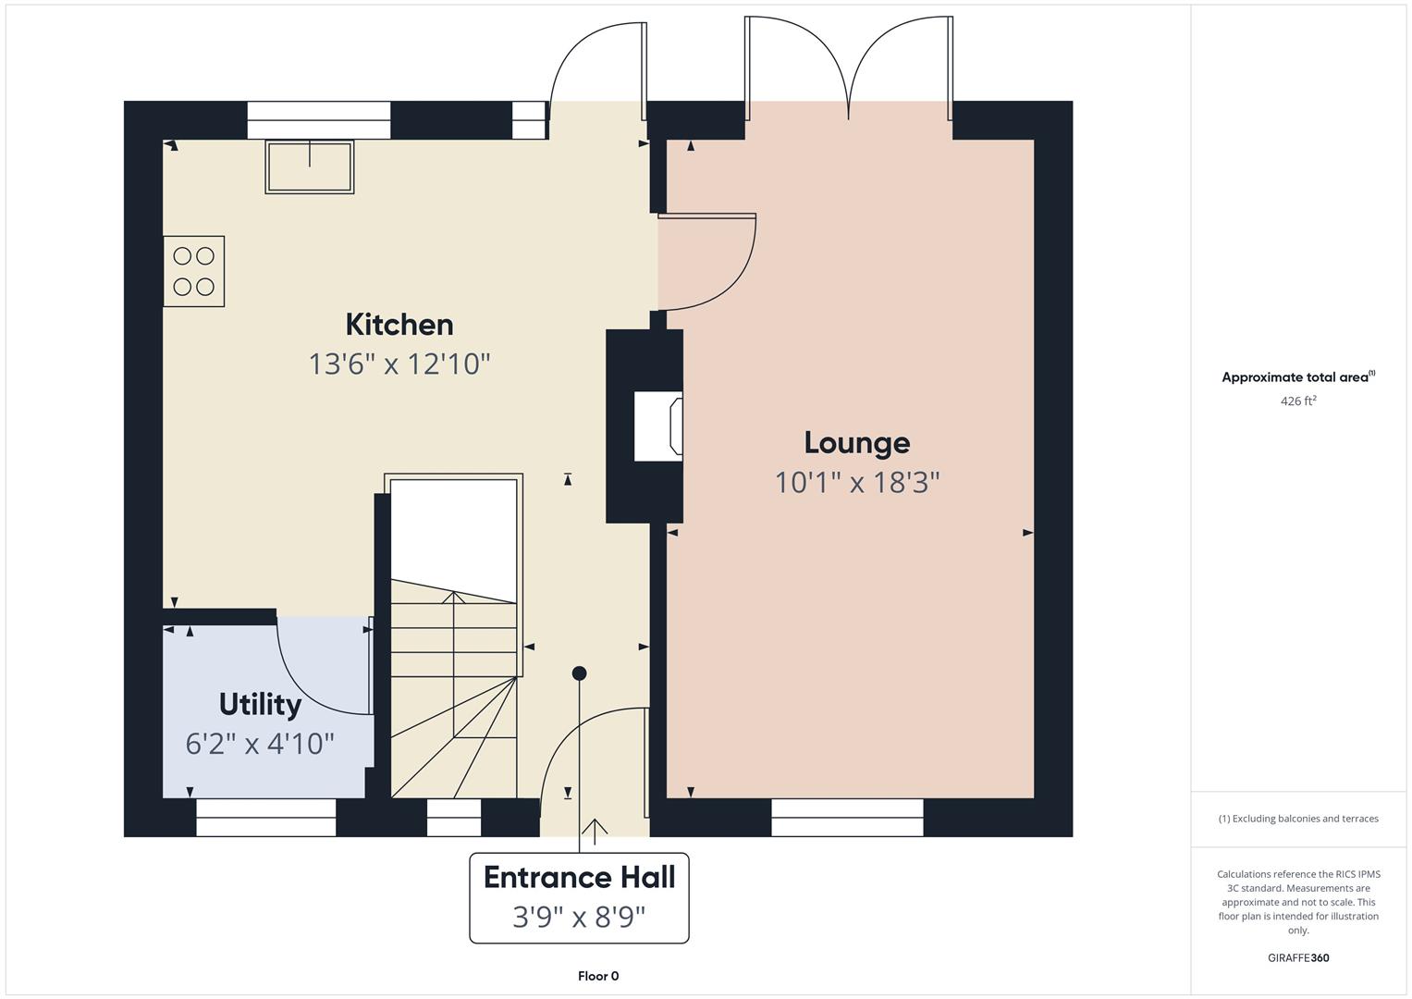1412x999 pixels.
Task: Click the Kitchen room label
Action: [x=399, y=325]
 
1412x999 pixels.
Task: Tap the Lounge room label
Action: [x=856, y=443]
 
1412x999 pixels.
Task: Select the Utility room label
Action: [x=260, y=705]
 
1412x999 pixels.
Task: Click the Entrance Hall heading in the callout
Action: [x=579, y=877]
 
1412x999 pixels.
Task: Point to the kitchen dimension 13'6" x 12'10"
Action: [x=399, y=364]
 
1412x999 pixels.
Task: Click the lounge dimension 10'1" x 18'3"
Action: [x=856, y=483]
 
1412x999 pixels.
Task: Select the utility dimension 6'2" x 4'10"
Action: [x=260, y=744]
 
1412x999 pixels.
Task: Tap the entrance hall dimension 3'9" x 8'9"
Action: [x=579, y=917]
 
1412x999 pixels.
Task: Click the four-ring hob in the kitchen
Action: [x=194, y=271]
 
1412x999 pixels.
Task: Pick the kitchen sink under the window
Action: [x=310, y=166]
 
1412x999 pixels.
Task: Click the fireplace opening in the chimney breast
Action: [x=658, y=425]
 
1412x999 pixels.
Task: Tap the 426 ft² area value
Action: [x=1298, y=401]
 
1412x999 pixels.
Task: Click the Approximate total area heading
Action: [x=1298, y=376]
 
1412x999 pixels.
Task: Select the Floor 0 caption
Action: [x=598, y=976]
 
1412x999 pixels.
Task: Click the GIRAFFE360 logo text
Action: [x=1298, y=957]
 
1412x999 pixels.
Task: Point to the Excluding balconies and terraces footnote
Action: [x=1298, y=819]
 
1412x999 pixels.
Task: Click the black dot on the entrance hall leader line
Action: [x=579, y=673]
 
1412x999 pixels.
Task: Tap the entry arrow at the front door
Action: [x=594, y=828]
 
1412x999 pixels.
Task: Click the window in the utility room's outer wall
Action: [x=266, y=818]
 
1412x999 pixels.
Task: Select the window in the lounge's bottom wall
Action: [x=847, y=818]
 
